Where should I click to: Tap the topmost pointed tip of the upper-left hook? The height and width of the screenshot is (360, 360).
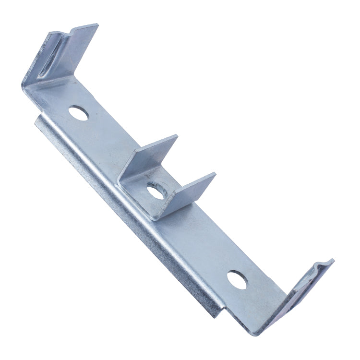point(97,25)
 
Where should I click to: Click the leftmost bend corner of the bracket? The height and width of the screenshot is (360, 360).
point(24,86)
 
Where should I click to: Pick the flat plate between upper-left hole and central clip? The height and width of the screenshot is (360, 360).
point(110,144)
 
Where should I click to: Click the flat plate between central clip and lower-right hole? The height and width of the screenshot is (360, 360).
point(202,240)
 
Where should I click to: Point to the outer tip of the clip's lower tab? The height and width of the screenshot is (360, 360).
point(215,175)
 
